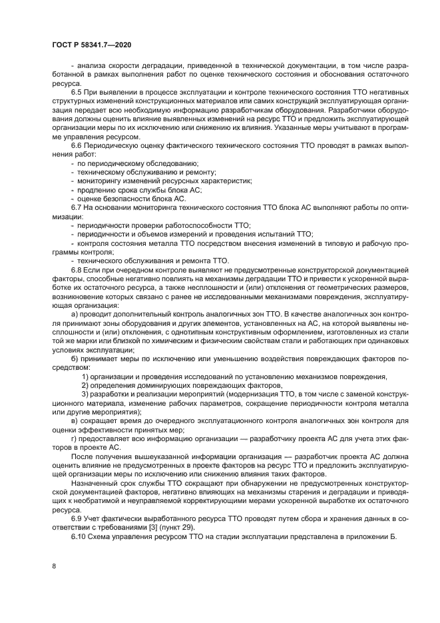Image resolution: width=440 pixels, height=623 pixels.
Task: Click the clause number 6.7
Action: click(77, 208)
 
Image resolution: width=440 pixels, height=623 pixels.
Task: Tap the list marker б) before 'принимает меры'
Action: click(75, 358)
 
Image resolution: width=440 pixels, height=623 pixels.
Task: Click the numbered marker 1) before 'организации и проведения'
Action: click(85, 376)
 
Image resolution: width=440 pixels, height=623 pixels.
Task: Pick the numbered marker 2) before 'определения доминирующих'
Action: click(85, 386)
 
